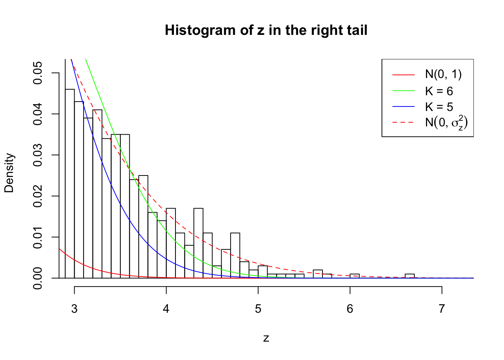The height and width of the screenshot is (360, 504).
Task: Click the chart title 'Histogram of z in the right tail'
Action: pos(266,30)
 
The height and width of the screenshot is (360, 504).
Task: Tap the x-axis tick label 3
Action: pos(74,309)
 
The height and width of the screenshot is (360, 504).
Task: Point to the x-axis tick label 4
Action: pos(166,309)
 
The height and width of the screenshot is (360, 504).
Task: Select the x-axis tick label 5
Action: pos(258,309)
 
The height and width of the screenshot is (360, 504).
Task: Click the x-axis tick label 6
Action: pos(350,309)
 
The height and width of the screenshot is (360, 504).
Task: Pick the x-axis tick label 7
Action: pos(442,309)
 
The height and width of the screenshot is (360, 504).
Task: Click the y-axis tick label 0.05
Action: pos(38,73)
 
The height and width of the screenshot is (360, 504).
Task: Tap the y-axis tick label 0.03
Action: pos(38,155)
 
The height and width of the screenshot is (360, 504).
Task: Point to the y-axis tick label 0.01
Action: pos(38,237)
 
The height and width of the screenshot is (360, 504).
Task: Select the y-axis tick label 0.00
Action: pos(38,278)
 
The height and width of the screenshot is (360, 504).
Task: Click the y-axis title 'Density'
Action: pos(9,173)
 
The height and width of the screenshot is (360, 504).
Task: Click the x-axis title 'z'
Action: pos(266,338)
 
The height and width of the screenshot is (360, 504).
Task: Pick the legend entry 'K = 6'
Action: pos(439,91)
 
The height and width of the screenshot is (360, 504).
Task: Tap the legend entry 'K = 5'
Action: pos(439,107)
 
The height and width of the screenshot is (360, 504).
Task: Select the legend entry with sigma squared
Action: pos(446,123)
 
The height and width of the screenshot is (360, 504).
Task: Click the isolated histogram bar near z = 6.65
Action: pos(409,276)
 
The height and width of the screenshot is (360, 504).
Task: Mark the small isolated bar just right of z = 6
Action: pos(354,276)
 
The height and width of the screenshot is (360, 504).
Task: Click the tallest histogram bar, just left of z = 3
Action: pos(70,184)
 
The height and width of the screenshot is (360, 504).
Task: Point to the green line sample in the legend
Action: pos(403,91)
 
